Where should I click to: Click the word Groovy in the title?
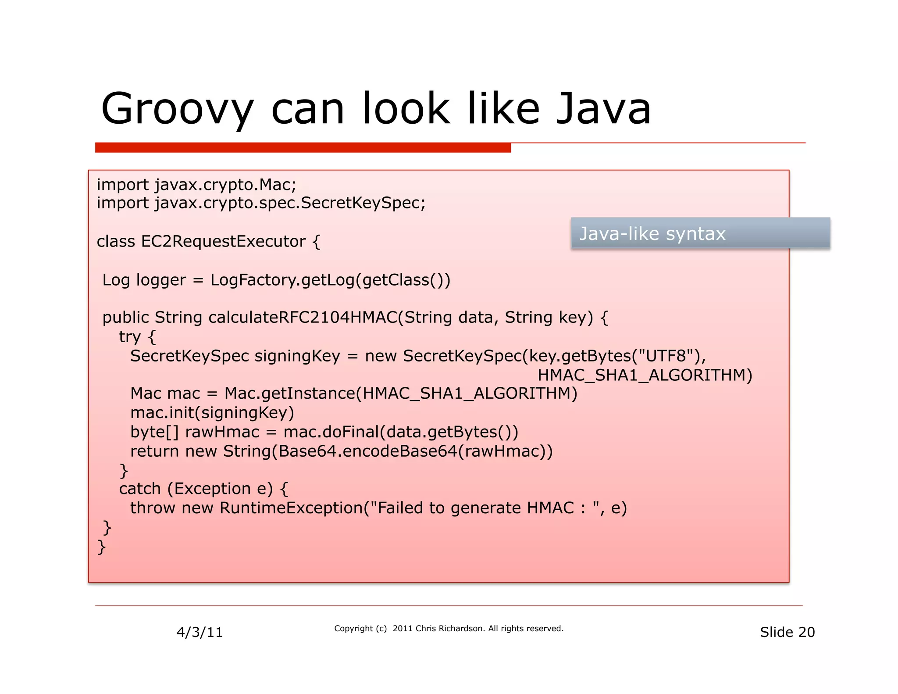coord(177,108)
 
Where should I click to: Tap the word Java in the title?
coord(603,108)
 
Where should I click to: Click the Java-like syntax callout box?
coord(700,233)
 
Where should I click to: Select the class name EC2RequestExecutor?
coord(223,242)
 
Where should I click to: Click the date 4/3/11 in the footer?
coord(200,632)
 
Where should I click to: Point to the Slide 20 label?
coord(787,632)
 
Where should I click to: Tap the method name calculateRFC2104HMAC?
coord(302,318)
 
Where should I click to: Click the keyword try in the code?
coord(129,337)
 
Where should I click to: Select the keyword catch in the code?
coord(139,489)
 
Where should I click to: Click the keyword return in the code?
coord(154,451)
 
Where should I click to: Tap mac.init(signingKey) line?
coord(212,413)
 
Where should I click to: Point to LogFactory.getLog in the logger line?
coord(282,280)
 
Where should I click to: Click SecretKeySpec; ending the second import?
coord(363,203)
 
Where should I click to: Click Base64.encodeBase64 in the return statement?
coord(367,451)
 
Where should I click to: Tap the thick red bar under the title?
coord(303,148)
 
